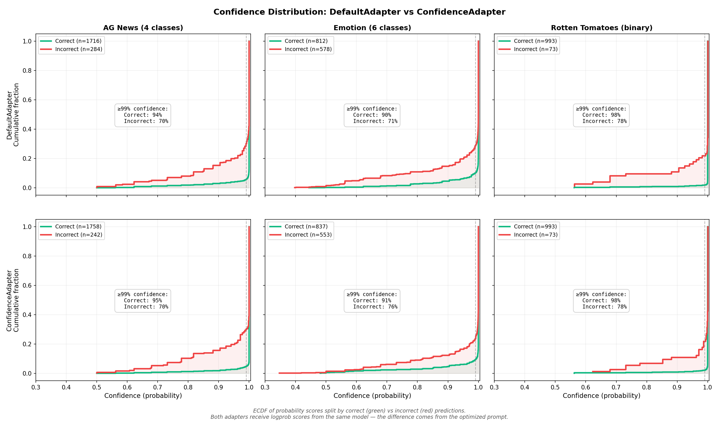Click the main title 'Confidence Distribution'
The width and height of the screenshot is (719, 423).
(359, 12)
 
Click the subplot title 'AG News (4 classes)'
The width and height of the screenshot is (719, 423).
(143, 28)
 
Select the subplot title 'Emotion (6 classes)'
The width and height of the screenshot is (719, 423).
(372, 28)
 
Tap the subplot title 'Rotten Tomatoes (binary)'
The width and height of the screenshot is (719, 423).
(601, 28)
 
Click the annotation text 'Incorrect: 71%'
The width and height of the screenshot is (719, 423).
(375, 121)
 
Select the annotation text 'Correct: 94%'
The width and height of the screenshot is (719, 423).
(143, 115)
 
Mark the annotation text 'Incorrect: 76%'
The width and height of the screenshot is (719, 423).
(375, 307)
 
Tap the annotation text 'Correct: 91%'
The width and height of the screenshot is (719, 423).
(372, 301)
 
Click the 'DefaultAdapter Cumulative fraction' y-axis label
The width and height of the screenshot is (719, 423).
(13, 115)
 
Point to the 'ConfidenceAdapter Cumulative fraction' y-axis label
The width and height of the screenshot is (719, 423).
(13, 300)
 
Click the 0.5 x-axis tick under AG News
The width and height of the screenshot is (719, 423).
(97, 387)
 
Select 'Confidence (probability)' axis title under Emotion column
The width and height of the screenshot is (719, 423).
(372, 396)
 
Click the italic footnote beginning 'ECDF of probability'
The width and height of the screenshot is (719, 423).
(359, 411)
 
